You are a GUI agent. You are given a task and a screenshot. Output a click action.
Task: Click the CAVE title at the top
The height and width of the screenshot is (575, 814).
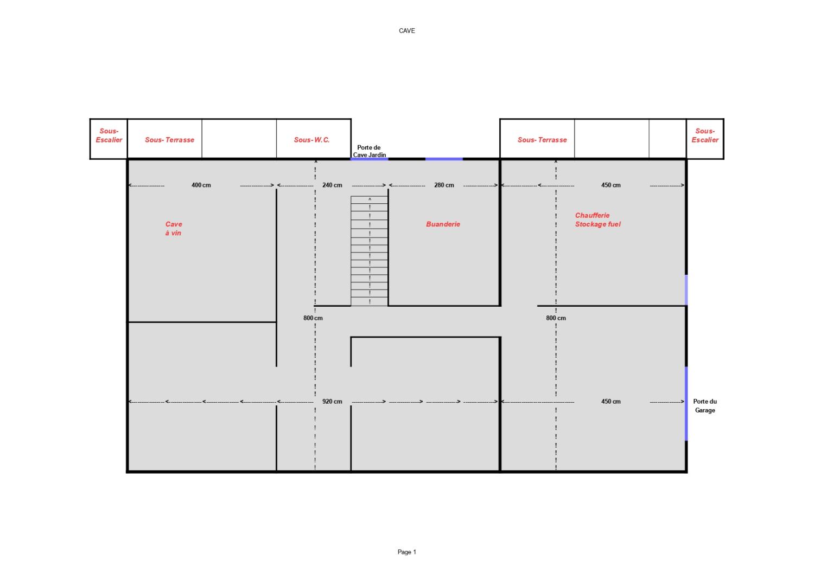click(x=406, y=31)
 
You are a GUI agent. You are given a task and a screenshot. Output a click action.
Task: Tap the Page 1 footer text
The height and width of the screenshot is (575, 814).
click(x=406, y=552)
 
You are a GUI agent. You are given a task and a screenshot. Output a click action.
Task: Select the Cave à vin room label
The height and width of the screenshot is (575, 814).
click(x=173, y=228)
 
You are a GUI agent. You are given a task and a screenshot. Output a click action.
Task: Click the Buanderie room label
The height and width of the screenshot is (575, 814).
click(x=443, y=224)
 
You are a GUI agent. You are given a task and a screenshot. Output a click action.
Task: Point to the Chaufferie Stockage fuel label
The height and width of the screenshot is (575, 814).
click(x=598, y=219)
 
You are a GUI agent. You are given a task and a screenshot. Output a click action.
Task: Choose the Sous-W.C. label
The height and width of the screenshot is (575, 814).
click(x=312, y=140)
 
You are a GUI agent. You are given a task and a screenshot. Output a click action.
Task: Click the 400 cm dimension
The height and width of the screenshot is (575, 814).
click(x=201, y=185)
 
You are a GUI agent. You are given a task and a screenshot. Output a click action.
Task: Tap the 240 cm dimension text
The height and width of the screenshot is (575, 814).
click(x=332, y=185)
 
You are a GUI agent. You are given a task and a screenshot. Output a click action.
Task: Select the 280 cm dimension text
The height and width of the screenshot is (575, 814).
click(x=444, y=185)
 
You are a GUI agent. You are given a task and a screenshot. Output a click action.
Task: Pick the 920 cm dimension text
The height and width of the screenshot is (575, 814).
click(x=332, y=402)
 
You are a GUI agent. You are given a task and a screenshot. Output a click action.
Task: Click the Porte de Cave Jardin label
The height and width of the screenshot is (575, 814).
click(x=369, y=151)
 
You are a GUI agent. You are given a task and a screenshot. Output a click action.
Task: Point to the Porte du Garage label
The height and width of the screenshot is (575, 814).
click(x=705, y=406)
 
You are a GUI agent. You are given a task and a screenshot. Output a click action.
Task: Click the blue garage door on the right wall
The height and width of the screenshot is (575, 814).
click(x=686, y=404)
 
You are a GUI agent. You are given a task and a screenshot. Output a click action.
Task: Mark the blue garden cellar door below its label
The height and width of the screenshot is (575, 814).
click(x=369, y=159)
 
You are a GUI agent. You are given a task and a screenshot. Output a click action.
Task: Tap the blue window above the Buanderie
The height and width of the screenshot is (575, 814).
click(x=444, y=159)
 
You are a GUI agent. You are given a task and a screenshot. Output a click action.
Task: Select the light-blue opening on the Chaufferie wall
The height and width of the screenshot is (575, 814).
click(x=686, y=290)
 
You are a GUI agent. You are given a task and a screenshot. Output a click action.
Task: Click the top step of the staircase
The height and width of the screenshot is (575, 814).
click(x=369, y=199)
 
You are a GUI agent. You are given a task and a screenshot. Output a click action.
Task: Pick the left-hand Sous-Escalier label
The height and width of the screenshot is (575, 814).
click(x=109, y=135)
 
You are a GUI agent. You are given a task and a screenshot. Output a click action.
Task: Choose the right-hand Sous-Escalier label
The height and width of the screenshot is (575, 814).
click(x=705, y=135)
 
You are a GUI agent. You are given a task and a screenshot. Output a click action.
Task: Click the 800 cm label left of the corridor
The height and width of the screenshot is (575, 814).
click(x=313, y=318)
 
